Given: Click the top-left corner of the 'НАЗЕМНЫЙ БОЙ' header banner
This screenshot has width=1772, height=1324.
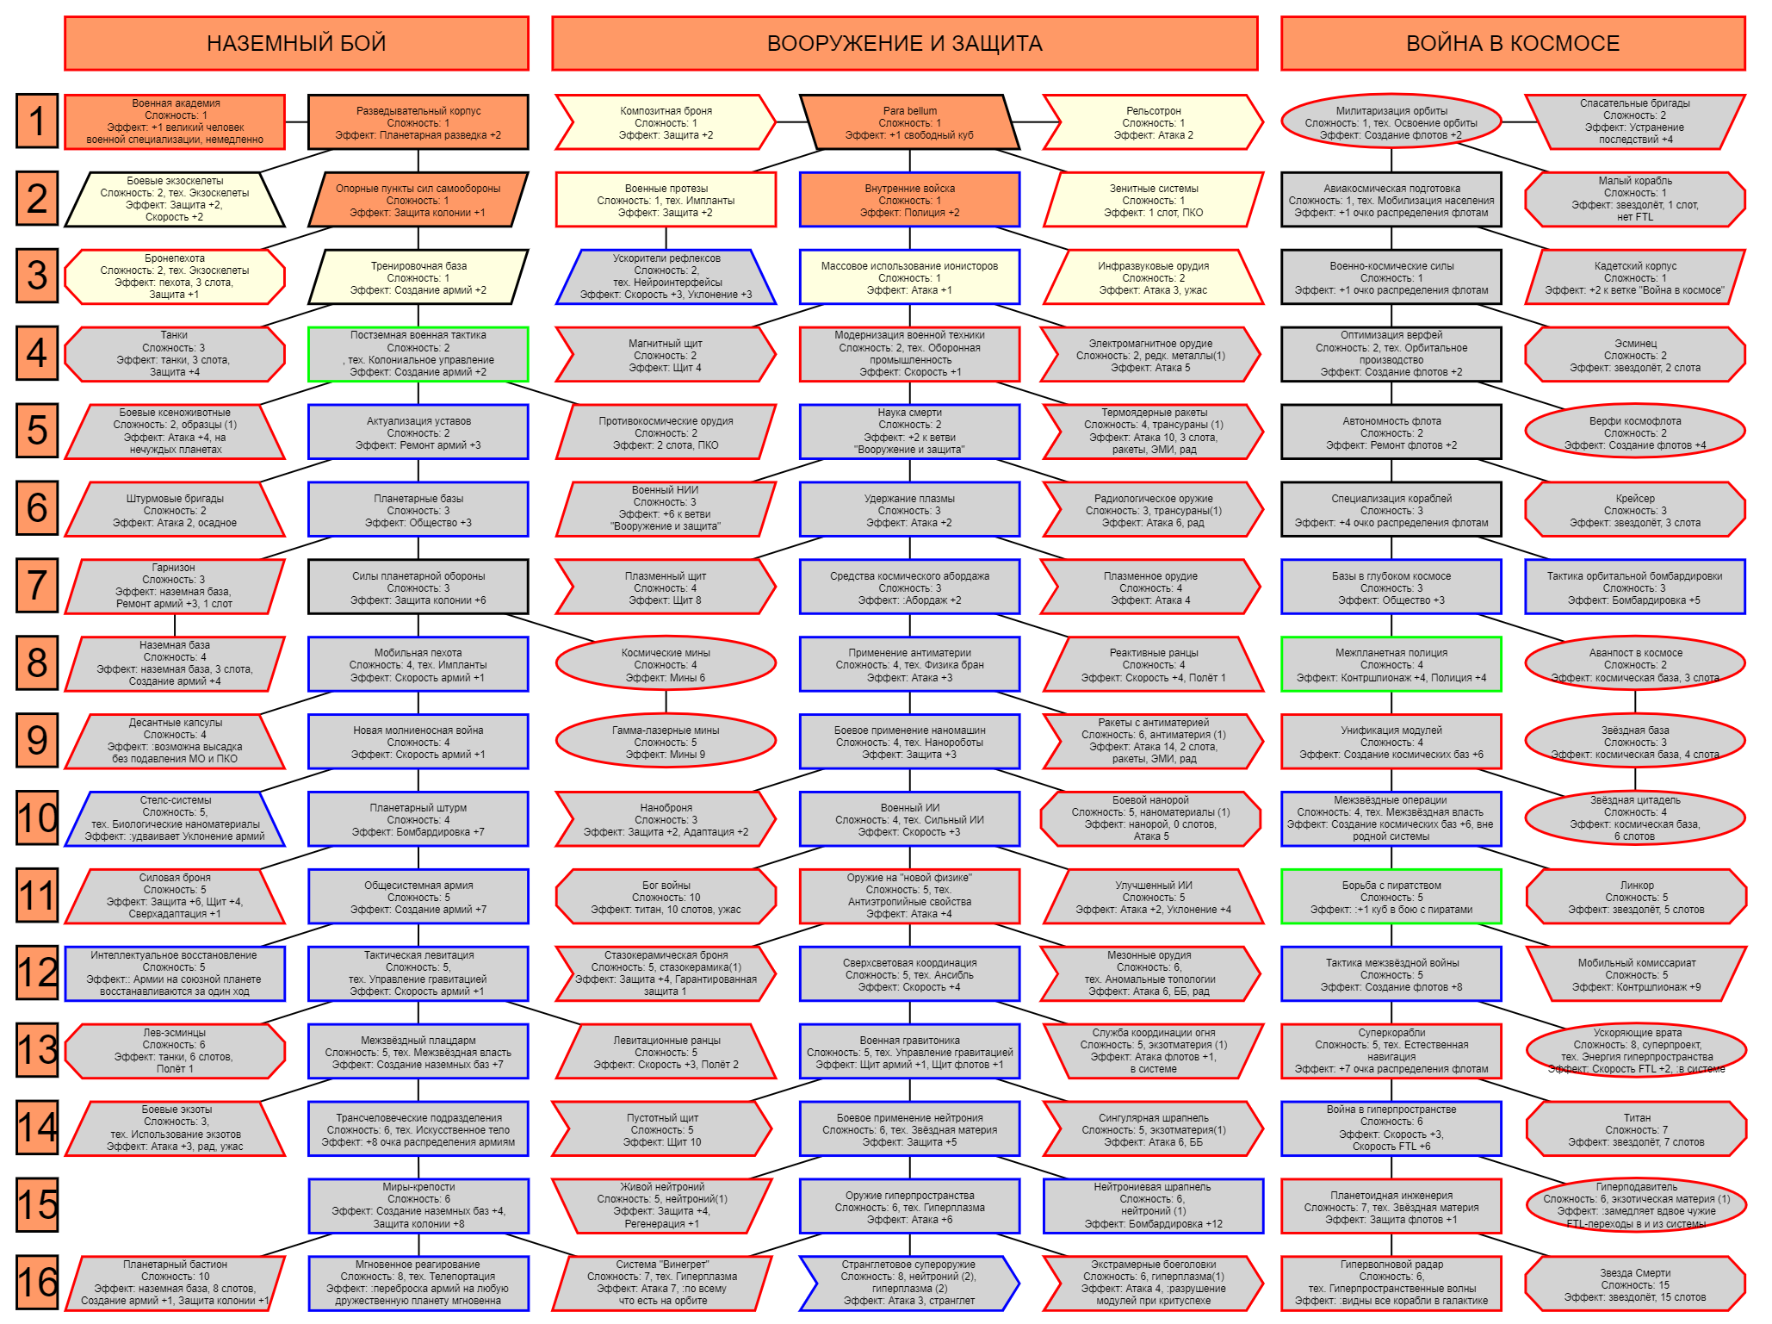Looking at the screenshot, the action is (65, 17).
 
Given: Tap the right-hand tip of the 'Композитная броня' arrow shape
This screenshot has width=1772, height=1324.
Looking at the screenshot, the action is (776, 121).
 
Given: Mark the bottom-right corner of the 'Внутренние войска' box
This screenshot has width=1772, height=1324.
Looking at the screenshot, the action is (1019, 227).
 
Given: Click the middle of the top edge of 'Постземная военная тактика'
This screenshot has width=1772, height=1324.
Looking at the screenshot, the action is (418, 327).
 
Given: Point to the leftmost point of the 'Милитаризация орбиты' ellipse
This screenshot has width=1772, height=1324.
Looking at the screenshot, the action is (1281, 122).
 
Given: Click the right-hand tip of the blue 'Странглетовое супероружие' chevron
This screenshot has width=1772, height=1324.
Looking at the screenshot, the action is (1019, 1284).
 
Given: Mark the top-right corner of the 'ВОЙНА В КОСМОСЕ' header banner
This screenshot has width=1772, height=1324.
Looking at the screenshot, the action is (1745, 17).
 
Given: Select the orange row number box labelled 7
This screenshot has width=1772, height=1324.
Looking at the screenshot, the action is (37, 586).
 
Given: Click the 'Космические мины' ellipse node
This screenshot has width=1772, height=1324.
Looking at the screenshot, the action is (666, 664).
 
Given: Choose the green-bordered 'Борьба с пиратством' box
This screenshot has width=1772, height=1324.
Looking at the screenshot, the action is (1391, 897).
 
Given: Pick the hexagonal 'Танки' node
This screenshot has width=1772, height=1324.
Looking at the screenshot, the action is (175, 354).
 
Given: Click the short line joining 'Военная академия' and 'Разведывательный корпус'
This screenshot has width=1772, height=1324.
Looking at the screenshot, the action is (296, 122).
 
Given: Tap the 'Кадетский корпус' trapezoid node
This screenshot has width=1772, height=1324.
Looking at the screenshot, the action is (1635, 277).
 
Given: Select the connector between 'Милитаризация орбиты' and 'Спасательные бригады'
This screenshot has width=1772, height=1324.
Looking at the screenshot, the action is (1514, 122).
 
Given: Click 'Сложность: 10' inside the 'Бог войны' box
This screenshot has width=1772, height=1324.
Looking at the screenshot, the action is (666, 898).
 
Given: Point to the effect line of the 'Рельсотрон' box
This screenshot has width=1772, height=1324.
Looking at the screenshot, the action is (1153, 135).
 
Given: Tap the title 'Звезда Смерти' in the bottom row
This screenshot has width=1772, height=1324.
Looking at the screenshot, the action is (1635, 1272).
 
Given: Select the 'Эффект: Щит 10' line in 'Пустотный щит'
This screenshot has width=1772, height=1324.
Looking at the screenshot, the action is (662, 1142).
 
